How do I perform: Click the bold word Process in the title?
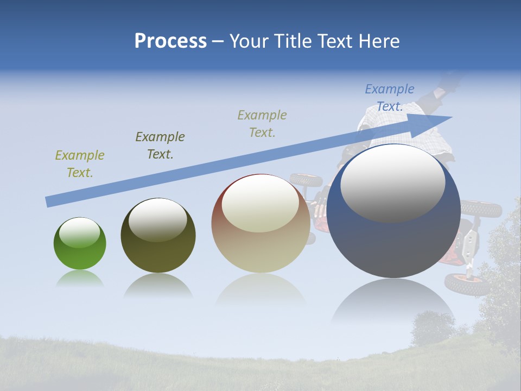click(170, 41)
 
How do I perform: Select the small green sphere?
click(80, 244)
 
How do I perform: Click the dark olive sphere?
click(158, 236)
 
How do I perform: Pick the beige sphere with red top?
click(260, 224)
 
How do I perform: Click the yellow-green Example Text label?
click(80, 164)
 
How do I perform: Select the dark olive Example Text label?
click(160, 146)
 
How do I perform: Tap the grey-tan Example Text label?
click(262, 123)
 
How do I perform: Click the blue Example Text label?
click(390, 98)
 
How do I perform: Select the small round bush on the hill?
click(432, 327)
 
